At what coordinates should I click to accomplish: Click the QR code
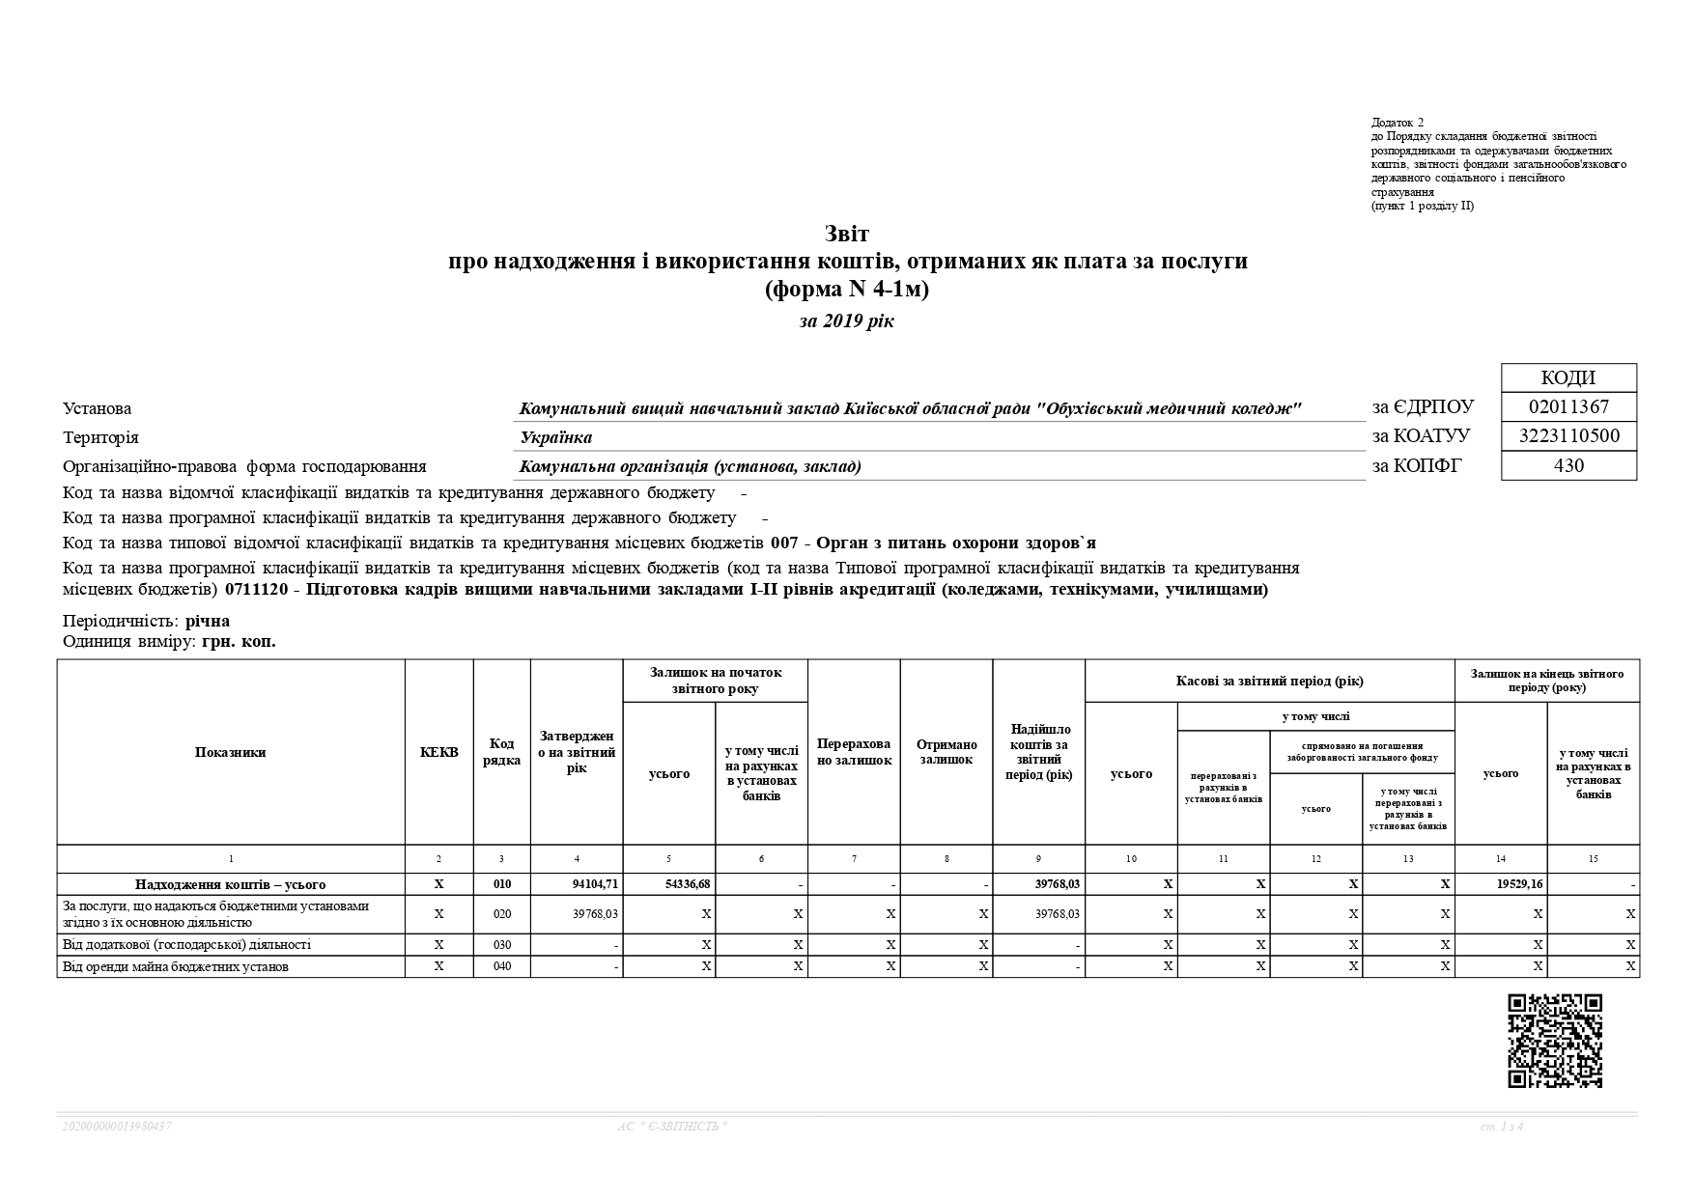pos(1555,1041)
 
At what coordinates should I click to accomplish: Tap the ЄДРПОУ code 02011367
pos(1568,406)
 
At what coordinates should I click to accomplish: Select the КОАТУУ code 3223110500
pos(1568,436)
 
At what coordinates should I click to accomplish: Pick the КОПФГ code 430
pos(1568,465)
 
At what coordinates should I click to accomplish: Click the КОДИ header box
pos(1568,377)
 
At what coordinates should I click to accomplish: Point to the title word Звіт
pos(847,234)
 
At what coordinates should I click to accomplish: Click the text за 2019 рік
pos(847,321)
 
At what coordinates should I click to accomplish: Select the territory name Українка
pos(556,437)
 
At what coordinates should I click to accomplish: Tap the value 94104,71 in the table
pos(595,884)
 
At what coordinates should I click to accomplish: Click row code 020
pos(501,914)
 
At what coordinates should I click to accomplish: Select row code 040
pos(501,966)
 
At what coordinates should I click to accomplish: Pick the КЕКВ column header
pos(438,752)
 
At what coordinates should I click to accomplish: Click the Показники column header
pos(230,752)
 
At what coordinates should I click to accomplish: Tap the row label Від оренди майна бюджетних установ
pos(176,966)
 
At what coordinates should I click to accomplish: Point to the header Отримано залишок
pos(946,752)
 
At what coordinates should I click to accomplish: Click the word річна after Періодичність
pos(208,621)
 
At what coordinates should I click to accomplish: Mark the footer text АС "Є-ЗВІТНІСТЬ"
pos(672,1127)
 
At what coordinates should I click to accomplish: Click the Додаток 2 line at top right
pos(1397,123)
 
